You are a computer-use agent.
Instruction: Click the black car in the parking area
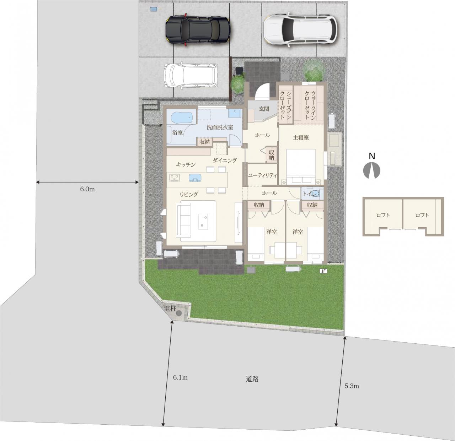198,30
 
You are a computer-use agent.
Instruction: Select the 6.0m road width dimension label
87,189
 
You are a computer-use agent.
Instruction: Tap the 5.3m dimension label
352,386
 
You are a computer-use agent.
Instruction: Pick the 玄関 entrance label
264,109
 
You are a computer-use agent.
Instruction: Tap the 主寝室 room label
301,137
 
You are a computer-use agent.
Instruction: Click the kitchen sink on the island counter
195,178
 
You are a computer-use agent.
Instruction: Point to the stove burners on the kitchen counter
175,178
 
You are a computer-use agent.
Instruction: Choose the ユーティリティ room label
262,175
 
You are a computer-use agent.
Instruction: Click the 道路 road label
252,379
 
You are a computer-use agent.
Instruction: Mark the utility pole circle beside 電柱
179,313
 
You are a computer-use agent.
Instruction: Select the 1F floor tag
323,271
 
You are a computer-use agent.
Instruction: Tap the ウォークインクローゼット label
310,105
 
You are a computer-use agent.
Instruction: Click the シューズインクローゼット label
285,105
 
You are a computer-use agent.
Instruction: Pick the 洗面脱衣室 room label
220,127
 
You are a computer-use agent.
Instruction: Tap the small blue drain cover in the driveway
154,9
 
